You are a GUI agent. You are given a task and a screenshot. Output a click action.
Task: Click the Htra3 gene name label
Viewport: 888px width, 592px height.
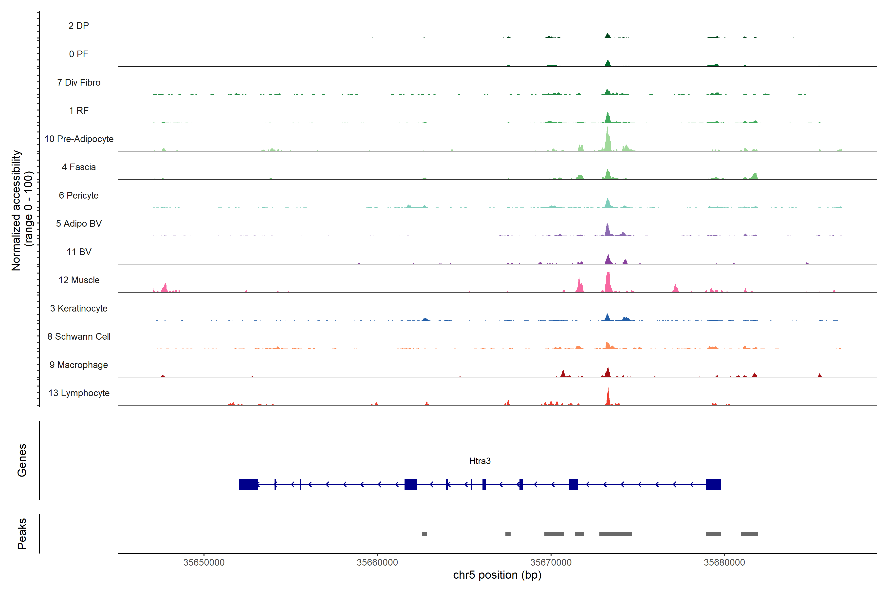coord(480,461)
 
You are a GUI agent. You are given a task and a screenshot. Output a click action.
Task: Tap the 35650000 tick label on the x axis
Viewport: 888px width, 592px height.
coord(204,563)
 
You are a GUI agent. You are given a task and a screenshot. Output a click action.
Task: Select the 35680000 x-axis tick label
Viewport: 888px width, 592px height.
coord(724,563)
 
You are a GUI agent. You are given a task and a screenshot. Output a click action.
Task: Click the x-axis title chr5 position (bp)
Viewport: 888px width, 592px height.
coord(497,575)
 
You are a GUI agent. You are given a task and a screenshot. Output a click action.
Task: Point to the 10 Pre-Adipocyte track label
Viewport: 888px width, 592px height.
coord(79,139)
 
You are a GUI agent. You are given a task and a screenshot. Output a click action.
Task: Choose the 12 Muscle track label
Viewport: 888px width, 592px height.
coord(79,280)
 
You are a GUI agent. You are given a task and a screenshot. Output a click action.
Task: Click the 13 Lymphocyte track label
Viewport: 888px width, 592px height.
coord(79,393)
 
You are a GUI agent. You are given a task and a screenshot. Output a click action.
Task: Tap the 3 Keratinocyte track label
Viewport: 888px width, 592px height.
coord(79,309)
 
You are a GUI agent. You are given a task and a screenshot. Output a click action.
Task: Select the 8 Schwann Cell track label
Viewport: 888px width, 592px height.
coord(79,336)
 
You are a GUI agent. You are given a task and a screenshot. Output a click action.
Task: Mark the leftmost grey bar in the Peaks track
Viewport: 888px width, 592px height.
coord(425,534)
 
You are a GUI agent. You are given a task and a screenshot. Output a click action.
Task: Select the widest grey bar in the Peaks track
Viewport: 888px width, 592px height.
coord(615,534)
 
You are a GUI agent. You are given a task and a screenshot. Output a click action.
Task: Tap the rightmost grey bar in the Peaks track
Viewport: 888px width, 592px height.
coord(749,534)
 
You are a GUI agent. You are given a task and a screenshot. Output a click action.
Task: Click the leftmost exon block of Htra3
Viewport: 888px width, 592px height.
coord(248,484)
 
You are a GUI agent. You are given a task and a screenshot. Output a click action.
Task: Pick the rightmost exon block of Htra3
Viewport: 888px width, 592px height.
coord(713,484)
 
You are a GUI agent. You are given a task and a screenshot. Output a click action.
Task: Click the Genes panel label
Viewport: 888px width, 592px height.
coord(22,460)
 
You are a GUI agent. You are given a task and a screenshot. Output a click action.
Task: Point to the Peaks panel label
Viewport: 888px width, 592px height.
coord(22,534)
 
